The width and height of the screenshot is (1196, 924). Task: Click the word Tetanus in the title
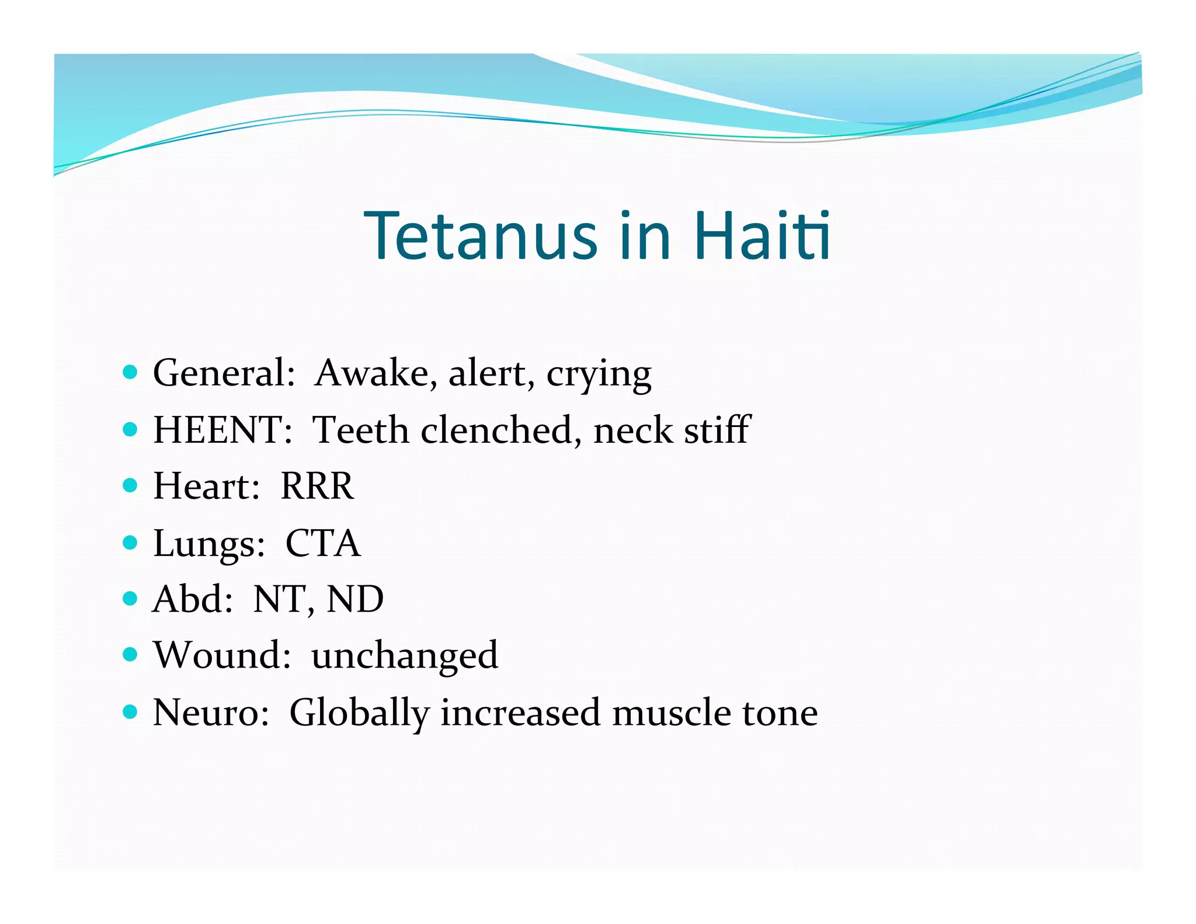pyautogui.click(x=481, y=236)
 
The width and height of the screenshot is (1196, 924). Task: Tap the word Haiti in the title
pyautogui.click(x=762, y=236)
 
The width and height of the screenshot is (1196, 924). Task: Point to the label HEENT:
pyautogui.click(x=222, y=430)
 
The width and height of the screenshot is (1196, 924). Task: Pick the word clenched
pyautogui.click(x=500, y=430)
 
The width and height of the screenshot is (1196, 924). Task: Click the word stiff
pyautogui.click(x=717, y=430)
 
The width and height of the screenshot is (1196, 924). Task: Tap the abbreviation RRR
pyautogui.click(x=317, y=486)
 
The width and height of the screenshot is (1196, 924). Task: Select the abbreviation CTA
pyautogui.click(x=323, y=543)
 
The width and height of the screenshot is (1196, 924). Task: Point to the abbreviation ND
pyautogui.click(x=355, y=599)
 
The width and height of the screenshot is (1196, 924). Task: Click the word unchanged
pyautogui.click(x=405, y=656)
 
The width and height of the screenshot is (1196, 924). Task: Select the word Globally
pyautogui.click(x=359, y=713)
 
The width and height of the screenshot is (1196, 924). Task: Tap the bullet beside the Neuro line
pyautogui.click(x=130, y=711)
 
